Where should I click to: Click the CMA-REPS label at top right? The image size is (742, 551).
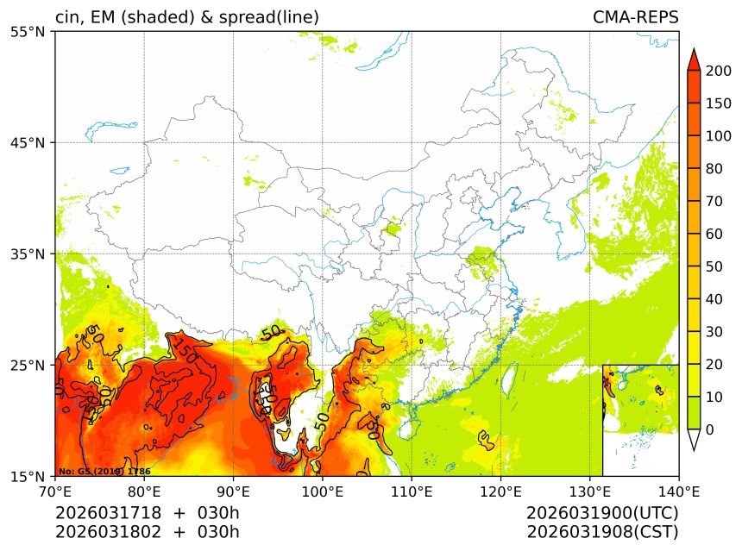point(635,18)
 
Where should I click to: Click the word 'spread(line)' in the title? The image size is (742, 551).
point(270,18)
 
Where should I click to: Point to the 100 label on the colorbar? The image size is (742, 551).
point(719,136)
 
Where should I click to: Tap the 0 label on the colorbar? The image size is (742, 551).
point(709,429)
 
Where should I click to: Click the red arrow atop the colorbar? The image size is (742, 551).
point(693,59)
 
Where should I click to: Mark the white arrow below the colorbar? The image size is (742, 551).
point(693,440)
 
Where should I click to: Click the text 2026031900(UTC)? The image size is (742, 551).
point(602,513)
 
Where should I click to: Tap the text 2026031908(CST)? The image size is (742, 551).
point(602,531)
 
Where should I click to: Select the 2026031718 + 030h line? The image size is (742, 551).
point(148,513)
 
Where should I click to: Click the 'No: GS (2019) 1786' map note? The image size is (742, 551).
point(104,472)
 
